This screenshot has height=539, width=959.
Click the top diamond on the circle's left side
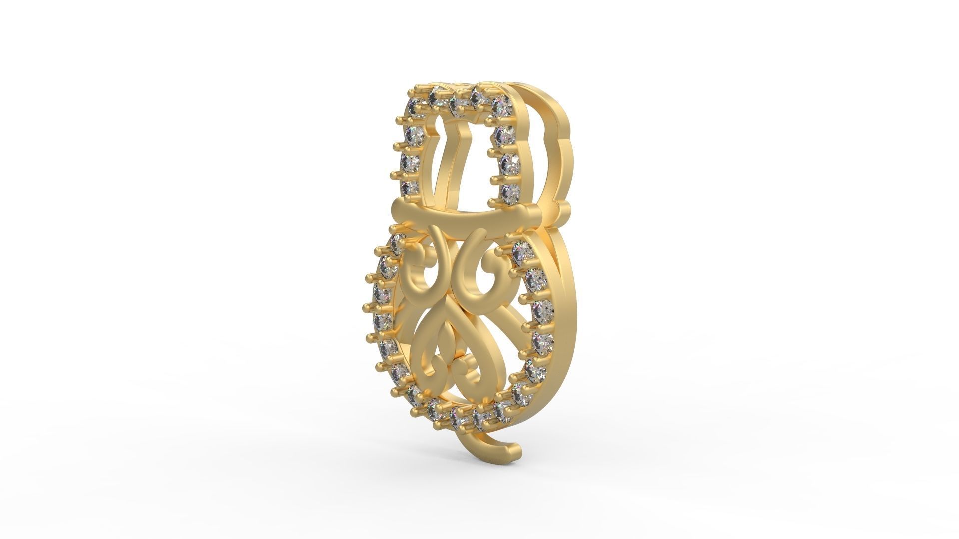(397, 243)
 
